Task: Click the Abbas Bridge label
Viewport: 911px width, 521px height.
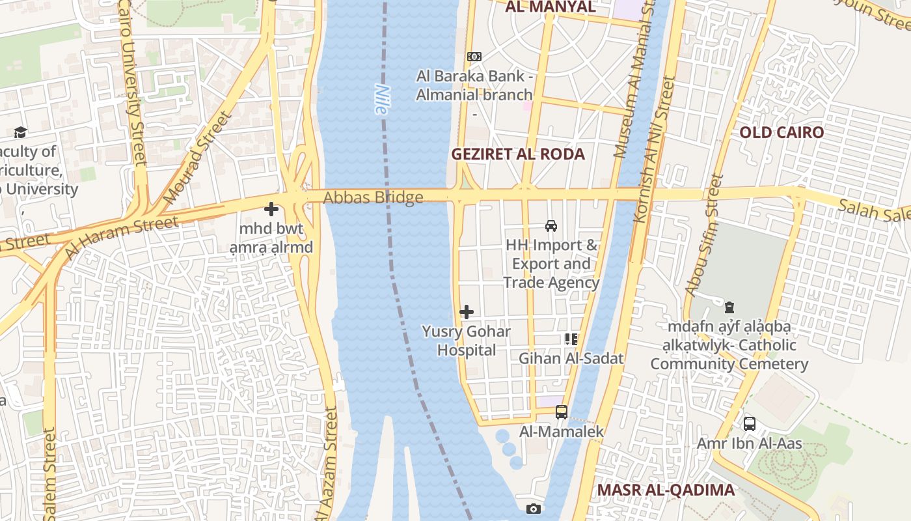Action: (x=374, y=197)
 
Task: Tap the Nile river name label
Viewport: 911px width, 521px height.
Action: (x=381, y=100)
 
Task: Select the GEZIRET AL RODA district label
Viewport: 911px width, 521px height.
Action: (x=518, y=154)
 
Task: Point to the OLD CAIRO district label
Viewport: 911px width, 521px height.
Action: (x=781, y=133)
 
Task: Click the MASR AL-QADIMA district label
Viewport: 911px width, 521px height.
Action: (x=666, y=490)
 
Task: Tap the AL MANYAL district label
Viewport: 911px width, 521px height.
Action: (x=550, y=7)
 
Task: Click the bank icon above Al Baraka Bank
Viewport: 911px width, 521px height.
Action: (x=474, y=57)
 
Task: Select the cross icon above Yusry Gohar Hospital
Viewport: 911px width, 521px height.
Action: (x=467, y=312)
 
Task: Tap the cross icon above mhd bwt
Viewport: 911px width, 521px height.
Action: (x=271, y=209)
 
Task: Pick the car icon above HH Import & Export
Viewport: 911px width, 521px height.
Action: (x=551, y=226)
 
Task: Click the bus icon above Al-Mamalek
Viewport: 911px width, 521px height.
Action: (x=562, y=412)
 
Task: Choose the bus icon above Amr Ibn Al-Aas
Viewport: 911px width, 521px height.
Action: (x=749, y=424)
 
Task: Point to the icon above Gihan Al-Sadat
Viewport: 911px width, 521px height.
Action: (x=571, y=339)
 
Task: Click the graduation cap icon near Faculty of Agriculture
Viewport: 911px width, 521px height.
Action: (x=20, y=132)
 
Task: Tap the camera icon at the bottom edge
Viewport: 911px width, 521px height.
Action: (x=534, y=509)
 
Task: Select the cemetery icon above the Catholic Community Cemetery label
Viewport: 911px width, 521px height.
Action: (x=729, y=307)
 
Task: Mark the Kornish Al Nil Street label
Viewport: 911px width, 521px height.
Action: (x=653, y=150)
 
